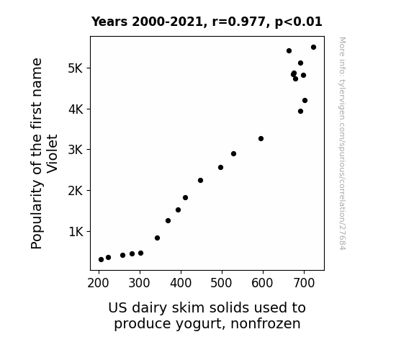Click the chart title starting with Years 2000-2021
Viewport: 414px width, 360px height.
coord(207,22)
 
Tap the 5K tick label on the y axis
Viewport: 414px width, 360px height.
coord(76,68)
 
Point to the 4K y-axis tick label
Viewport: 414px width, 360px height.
coord(76,109)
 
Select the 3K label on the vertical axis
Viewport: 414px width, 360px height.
coord(76,150)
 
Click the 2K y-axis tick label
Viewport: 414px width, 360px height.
coord(76,190)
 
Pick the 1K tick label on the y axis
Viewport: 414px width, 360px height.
coord(76,232)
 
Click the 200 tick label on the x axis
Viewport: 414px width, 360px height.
coord(98,283)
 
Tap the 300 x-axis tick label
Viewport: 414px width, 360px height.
coord(140,283)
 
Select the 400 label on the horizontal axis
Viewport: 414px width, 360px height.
coord(181,283)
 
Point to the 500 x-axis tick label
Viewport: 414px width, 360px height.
coord(222,283)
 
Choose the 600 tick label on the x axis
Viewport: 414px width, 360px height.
coord(263,283)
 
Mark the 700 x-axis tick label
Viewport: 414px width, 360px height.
coord(304,283)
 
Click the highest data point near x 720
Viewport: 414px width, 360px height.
coord(313,48)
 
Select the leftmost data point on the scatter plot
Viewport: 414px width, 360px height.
coord(101,260)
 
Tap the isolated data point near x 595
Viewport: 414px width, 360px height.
coord(261,139)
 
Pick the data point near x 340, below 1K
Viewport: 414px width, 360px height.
coord(157,238)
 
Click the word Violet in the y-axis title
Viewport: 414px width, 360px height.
coord(52,153)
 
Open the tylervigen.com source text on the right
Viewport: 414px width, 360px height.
coord(342,143)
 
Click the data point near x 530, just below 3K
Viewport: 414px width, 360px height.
coord(233,153)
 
